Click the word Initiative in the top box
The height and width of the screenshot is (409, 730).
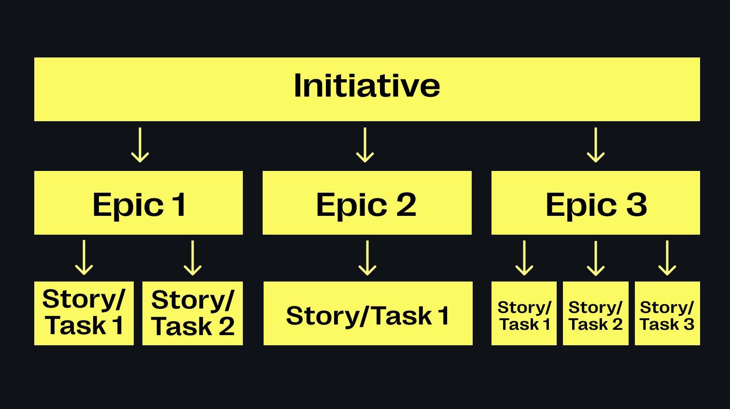tap(367, 86)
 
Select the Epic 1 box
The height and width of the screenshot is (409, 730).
tap(139, 203)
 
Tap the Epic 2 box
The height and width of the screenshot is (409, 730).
tap(367, 203)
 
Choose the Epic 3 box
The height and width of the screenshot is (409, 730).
tap(595, 203)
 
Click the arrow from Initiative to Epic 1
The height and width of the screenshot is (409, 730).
tap(140, 145)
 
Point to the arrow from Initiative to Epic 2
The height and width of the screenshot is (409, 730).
tap(365, 145)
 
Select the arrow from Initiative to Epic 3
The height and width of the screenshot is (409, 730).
tap(596, 145)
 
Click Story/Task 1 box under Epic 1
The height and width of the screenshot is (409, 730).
tap(84, 313)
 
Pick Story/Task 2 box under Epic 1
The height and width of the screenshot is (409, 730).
tap(193, 313)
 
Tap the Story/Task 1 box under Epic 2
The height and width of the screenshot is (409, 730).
tap(368, 313)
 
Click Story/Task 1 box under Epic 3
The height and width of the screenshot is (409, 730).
tap(524, 313)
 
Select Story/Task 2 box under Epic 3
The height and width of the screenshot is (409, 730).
tap(596, 313)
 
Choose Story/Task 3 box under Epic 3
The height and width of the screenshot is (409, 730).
tap(667, 313)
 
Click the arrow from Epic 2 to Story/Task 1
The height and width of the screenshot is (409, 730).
tap(367, 258)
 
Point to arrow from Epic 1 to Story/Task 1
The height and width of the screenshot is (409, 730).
tap(84, 258)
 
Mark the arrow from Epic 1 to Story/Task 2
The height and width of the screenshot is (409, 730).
tap(193, 258)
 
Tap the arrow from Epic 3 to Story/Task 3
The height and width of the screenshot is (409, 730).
tap(667, 258)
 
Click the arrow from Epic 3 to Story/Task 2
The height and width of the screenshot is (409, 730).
tap(596, 258)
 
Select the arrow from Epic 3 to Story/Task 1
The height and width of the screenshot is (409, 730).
tap(524, 258)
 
